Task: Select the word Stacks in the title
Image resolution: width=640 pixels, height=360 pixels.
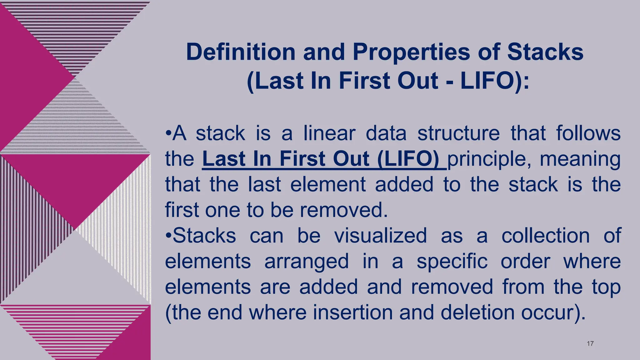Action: pos(545,52)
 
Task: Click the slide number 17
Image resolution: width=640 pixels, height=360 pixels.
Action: pos(590,344)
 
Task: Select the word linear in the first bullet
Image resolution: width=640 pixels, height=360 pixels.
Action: pos(329,133)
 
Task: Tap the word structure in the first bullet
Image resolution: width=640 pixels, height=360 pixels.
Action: pos(458,133)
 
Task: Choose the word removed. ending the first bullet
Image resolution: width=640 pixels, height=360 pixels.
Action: pos(344,210)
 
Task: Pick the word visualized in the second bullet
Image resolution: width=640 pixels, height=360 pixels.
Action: pos(380,236)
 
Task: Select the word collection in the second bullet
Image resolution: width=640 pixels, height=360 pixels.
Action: pos(545,236)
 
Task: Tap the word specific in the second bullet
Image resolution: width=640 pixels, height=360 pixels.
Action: pos(452,262)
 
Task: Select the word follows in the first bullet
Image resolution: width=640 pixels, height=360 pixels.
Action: pos(588,133)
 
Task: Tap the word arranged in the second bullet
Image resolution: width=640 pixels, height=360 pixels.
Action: pos(306,262)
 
